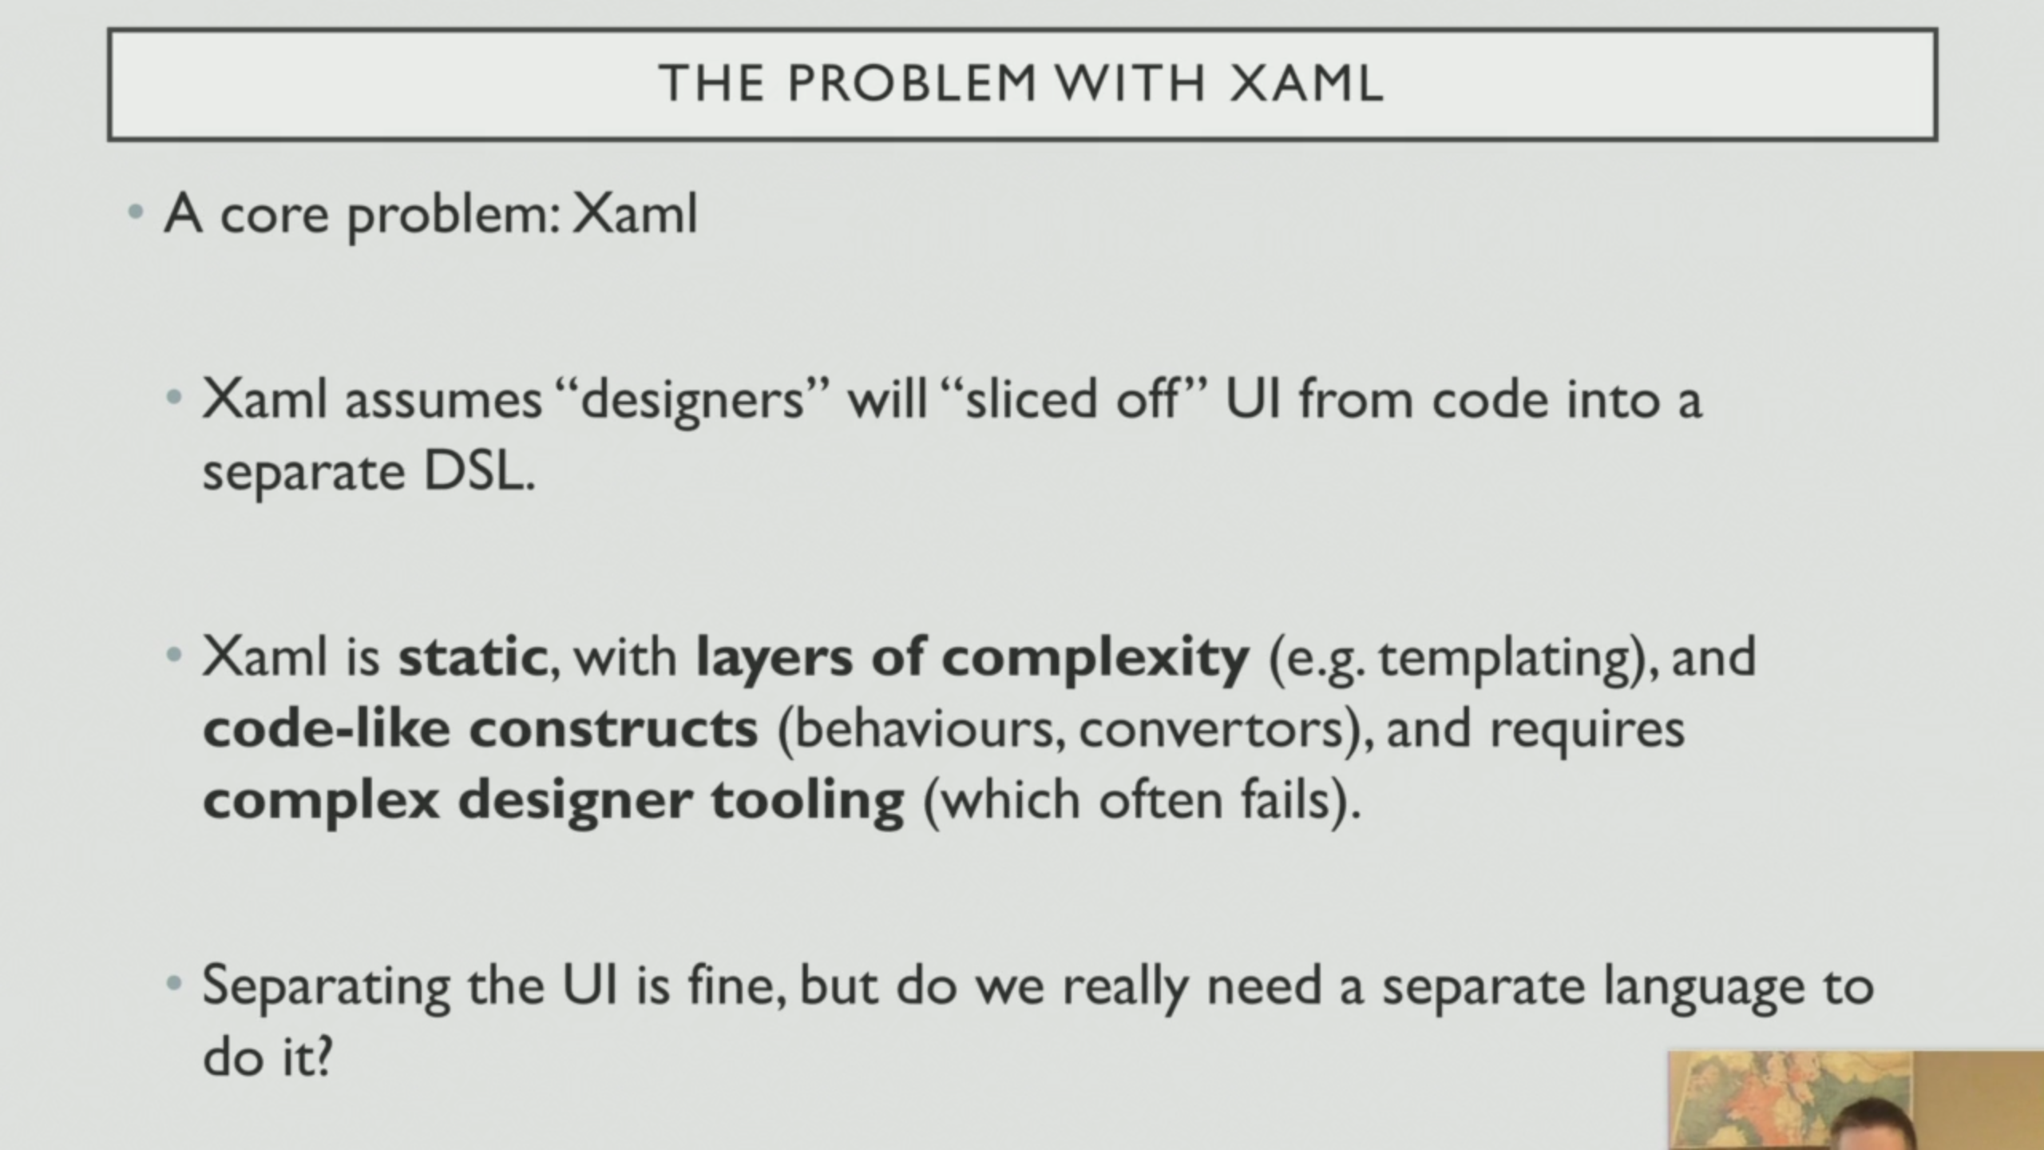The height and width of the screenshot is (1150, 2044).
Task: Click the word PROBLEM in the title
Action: [912, 83]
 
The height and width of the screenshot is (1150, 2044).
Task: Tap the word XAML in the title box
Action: [1306, 83]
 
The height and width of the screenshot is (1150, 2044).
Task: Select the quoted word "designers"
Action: [691, 399]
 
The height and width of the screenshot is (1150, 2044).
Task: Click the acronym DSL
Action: [476, 472]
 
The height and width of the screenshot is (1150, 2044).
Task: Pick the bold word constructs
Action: [613, 728]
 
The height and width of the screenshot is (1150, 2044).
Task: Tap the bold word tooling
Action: [807, 800]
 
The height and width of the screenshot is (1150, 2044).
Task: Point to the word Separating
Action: [326, 987]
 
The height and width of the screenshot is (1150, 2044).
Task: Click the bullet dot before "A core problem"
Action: [136, 213]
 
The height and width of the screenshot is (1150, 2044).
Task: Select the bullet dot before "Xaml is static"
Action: [174, 656]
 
